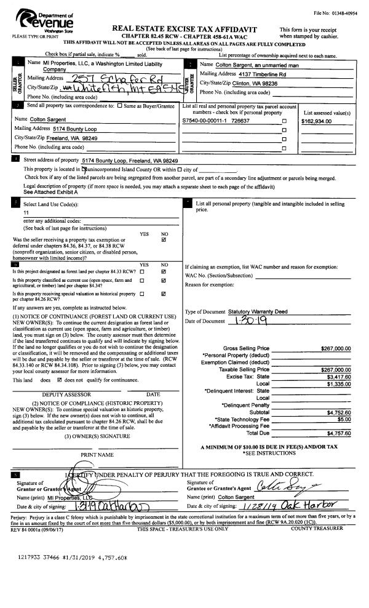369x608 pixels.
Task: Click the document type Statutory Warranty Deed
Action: coord(258,312)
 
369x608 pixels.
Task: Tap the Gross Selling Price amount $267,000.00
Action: coord(336,348)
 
